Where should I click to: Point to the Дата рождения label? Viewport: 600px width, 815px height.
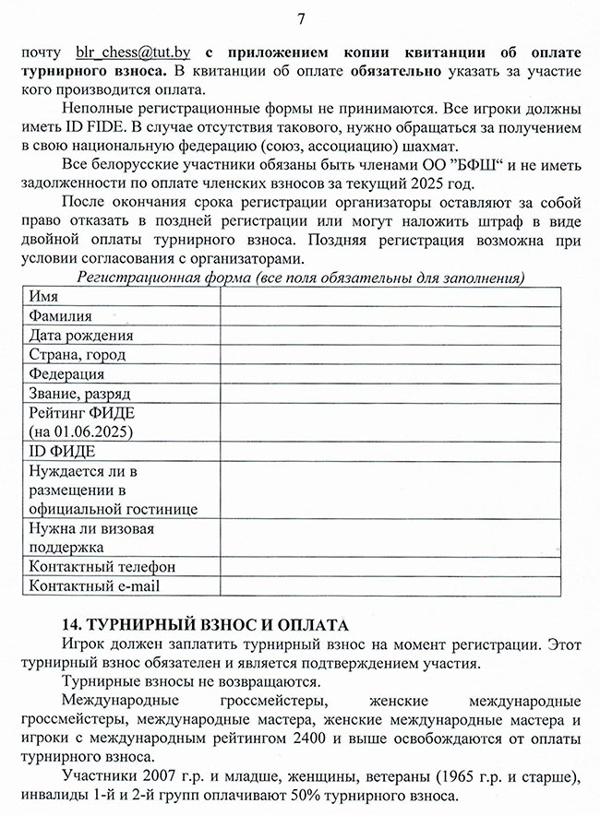[81, 336]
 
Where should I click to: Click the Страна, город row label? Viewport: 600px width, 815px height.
[78, 355]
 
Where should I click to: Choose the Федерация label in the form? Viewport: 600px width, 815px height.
[66, 374]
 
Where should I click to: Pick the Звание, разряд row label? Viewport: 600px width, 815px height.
[79, 394]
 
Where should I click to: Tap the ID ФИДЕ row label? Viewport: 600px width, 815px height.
[62, 452]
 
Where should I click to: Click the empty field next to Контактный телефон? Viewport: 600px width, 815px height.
[390, 566]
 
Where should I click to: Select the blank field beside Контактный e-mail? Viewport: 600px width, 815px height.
[390, 585]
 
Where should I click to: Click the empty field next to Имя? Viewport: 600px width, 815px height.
[390, 297]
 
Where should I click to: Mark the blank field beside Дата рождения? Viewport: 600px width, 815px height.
[390, 336]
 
